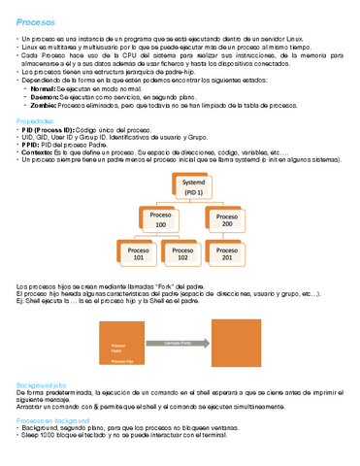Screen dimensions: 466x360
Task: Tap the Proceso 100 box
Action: coord(161,221)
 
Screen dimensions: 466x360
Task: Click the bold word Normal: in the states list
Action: coord(44,86)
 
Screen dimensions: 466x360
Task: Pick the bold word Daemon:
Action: coord(46,95)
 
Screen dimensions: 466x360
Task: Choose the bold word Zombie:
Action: coord(45,104)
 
